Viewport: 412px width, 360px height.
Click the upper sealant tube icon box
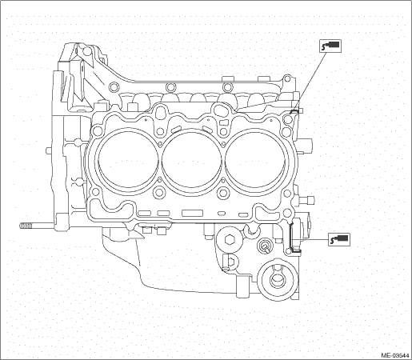pyautogui.click(x=330, y=46)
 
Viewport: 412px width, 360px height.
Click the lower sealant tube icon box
pyautogui.click(x=339, y=239)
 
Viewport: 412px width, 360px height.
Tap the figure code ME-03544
pyautogui.click(x=396, y=355)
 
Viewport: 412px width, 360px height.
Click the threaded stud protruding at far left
pyautogui.click(x=26, y=226)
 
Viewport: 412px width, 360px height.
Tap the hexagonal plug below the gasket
pyautogui.click(x=229, y=239)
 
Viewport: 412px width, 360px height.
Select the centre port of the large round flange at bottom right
pyautogui.click(x=276, y=279)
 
